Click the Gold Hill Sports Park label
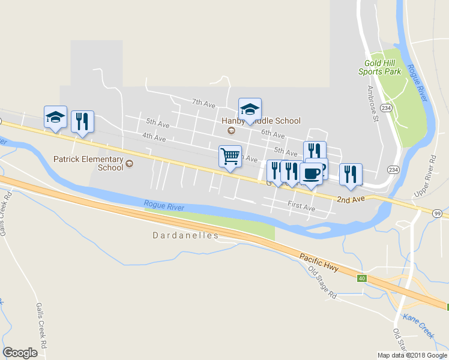[379, 67]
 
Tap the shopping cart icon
[231, 156]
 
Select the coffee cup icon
[311, 174]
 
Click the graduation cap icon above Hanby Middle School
[250, 109]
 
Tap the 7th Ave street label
[203, 104]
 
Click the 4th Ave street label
[154, 138]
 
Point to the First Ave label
[301, 207]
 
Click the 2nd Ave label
[351, 199]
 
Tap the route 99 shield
[437, 214]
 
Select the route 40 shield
[361, 278]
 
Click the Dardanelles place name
[185, 236]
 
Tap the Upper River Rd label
[425, 177]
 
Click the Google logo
[20, 353]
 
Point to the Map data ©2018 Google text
[412, 355]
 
